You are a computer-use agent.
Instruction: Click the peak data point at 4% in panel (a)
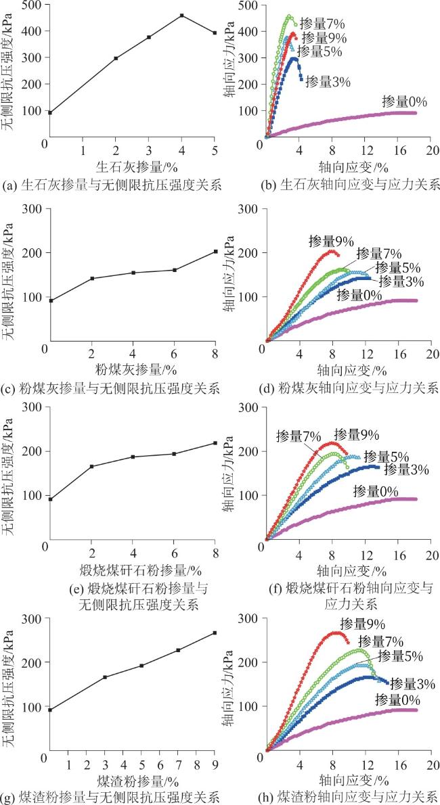pos(181,15)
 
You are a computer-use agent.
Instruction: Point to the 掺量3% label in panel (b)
pos(328,82)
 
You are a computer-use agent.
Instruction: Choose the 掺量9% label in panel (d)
pos(330,241)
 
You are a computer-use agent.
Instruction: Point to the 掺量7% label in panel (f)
pos(299,436)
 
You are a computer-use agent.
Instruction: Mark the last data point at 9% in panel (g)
pos(215,633)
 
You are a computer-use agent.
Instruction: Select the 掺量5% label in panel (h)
pos(400,656)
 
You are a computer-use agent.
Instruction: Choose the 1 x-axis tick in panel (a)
pos(83,149)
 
